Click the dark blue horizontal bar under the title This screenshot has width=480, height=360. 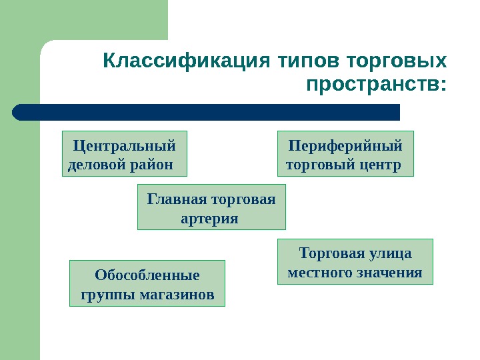(207, 112)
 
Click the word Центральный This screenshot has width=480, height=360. (125, 145)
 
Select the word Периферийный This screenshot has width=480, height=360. (345, 145)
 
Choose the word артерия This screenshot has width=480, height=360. (210, 218)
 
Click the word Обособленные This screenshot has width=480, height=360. (147, 275)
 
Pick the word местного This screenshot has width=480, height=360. (317, 273)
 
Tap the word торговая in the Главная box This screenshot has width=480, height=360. (242, 199)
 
